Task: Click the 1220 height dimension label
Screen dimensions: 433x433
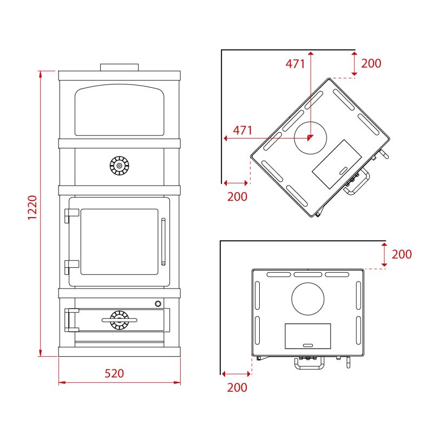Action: point(32,207)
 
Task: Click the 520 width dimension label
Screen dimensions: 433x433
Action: point(114,373)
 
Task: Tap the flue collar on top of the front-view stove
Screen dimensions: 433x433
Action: point(119,67)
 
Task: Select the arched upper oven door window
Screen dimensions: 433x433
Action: point(120,110)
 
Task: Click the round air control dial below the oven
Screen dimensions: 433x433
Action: point(119,166)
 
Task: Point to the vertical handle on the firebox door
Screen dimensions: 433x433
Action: point(163,242)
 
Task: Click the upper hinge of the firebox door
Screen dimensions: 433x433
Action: point(71,215)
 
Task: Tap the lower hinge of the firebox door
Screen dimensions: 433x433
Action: point(71,267)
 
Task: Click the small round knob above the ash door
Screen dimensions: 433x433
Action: point(158,304)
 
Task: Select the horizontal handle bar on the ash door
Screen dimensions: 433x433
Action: point(119,320)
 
